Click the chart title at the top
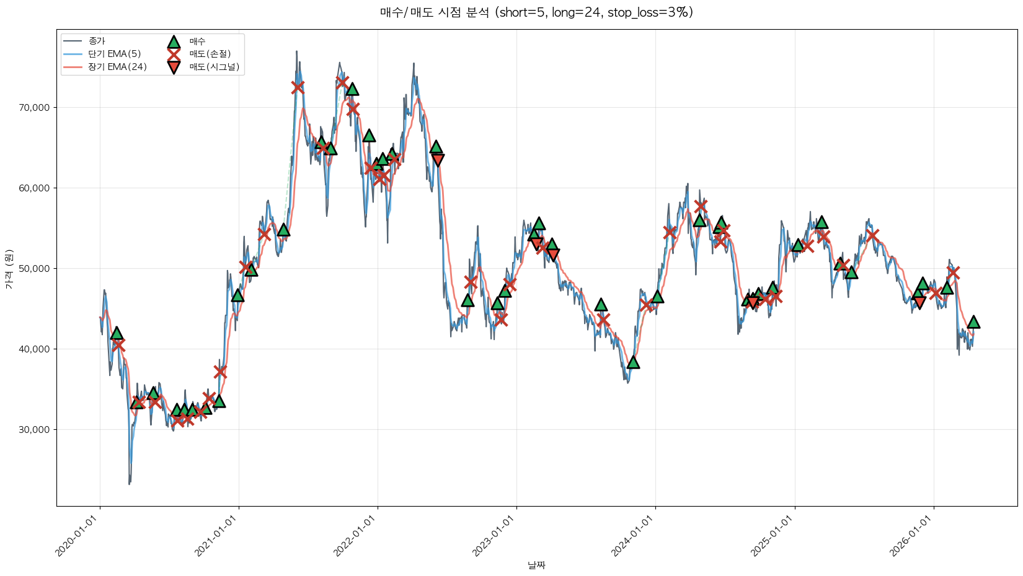tap(536, 12)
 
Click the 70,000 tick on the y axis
tap(35, 108)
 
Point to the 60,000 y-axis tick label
tap(35, 188)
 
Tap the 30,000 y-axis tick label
tap(35, 430)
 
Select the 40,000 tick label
tap(35, 349)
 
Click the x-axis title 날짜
tap(536, 565)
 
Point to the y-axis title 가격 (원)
tap(9, 269)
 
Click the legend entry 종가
tap(97, 41)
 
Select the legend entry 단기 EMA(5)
tap(115, 54)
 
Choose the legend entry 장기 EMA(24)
tap(118, 67)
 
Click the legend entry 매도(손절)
tap(210, 54)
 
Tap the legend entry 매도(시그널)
tap(214, 67)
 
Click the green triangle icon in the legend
tap(174, 41)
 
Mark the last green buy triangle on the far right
tap(973, 322)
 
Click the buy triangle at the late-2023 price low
tap(632, 362)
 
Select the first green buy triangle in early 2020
tap(117, 333)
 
